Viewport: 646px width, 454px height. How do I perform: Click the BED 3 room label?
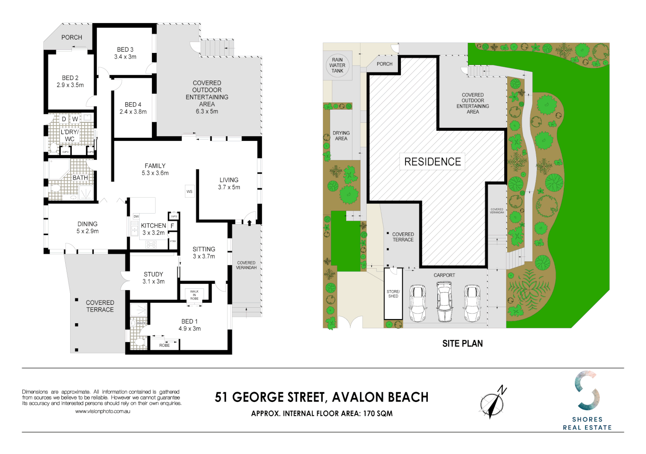[x=125, y=50]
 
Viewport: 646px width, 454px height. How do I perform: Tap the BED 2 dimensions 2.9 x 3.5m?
[x=70, y=85]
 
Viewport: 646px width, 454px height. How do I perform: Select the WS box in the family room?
[x=189, y=191]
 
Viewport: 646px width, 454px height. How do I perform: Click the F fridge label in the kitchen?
[x=172, y=226]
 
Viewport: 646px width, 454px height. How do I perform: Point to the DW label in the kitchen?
[x=136, y=216]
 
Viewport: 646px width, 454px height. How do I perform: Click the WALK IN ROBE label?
[x=194, y=295]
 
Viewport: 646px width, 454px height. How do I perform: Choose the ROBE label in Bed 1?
[x=164, y=345]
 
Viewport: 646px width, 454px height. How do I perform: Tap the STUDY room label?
[x=153, y=274]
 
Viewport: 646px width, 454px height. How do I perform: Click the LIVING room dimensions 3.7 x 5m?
[x=229, y=187]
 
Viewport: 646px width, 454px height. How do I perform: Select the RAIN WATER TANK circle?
[x=337, y=65]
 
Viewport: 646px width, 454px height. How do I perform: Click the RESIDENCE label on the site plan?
[x=432, y=162]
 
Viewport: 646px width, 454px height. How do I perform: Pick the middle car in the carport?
[x=445, y=301]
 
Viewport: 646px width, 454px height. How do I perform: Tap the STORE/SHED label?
[x=393, y=294]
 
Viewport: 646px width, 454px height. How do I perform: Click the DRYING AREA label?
[x=341, y=136]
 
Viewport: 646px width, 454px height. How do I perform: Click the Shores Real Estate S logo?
[x=587, y=391]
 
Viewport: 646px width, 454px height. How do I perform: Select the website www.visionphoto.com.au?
[x=103, y=411]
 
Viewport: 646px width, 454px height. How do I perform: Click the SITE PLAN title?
[x=462, y=343]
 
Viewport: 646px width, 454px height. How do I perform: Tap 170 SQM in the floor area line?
[x=378, y=414]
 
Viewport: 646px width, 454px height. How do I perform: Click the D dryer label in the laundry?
[x=64, y=119]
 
